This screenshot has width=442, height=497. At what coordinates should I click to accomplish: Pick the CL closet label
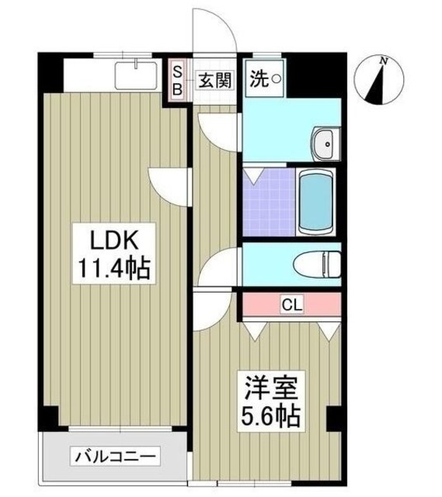292,303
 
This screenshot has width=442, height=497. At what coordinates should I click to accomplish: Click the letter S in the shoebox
176,71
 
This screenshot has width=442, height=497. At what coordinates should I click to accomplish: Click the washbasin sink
324,143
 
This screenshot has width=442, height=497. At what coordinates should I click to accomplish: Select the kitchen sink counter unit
137,75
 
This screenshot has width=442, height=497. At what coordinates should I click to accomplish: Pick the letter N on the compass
384,60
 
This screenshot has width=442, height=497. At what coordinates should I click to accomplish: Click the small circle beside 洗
275,78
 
